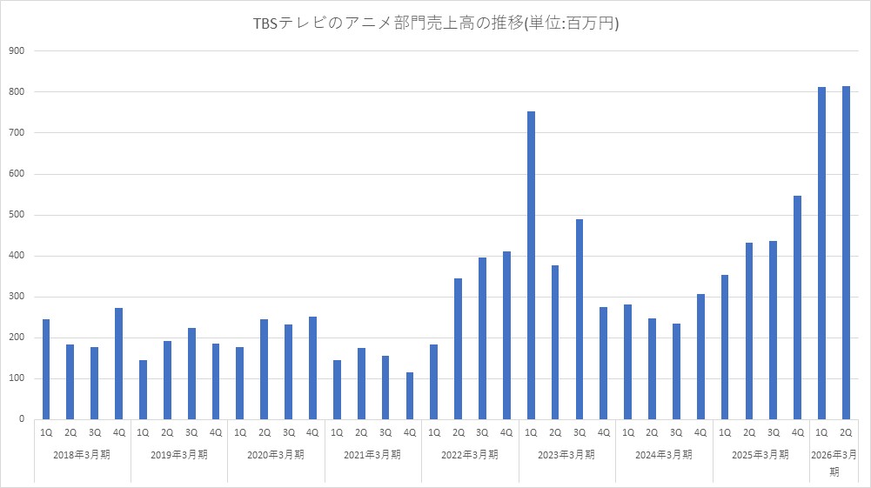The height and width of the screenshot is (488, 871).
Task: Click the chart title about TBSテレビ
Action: tap(435, 24)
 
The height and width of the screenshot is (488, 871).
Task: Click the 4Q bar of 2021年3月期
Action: tap(410, 396)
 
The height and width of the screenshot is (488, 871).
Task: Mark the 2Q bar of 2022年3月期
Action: tap(459, 349)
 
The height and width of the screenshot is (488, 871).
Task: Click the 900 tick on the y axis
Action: tap(17, 51)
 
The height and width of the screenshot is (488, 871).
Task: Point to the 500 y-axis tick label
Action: tap(17, 215)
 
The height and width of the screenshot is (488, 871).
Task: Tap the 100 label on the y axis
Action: tap(17, 378)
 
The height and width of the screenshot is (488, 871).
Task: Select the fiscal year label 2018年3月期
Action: tap(83, 454)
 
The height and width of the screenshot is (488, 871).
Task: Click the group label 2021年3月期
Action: tap(373, 454)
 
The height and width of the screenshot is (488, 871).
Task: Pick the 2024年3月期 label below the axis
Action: tap(664, 454)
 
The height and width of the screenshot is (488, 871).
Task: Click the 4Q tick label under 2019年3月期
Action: tap(216, 432)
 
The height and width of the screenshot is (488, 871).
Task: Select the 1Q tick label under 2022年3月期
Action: tap(434, 432)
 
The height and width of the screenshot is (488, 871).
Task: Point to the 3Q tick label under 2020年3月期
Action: tap(289, 432)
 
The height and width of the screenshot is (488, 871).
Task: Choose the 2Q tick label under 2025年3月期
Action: tap(749, 432)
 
